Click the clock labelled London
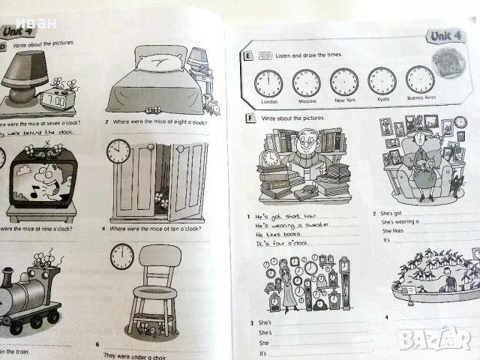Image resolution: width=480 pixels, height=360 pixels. pyautogui.click(x=268, y=82)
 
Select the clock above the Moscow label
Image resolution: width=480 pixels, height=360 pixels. pyautogui.click(x=306, y=82)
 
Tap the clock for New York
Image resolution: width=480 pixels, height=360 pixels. pyautogui.click(x=344, y=81)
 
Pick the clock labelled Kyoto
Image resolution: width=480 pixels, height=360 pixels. pyautogui.click(x=382, y=80)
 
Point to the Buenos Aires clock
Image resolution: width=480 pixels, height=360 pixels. pyautogui.click(x=420, y=79)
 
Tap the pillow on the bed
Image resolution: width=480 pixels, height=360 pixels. pyautogui.click(x=160, y=63)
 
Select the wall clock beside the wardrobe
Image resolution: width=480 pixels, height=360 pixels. pyautogui.click(x=118, y=151)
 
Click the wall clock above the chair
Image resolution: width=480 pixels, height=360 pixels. pyautogui.click(x=121, y=256)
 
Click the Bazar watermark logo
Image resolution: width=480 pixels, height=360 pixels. pyautogui.click(x=434, y=338)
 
